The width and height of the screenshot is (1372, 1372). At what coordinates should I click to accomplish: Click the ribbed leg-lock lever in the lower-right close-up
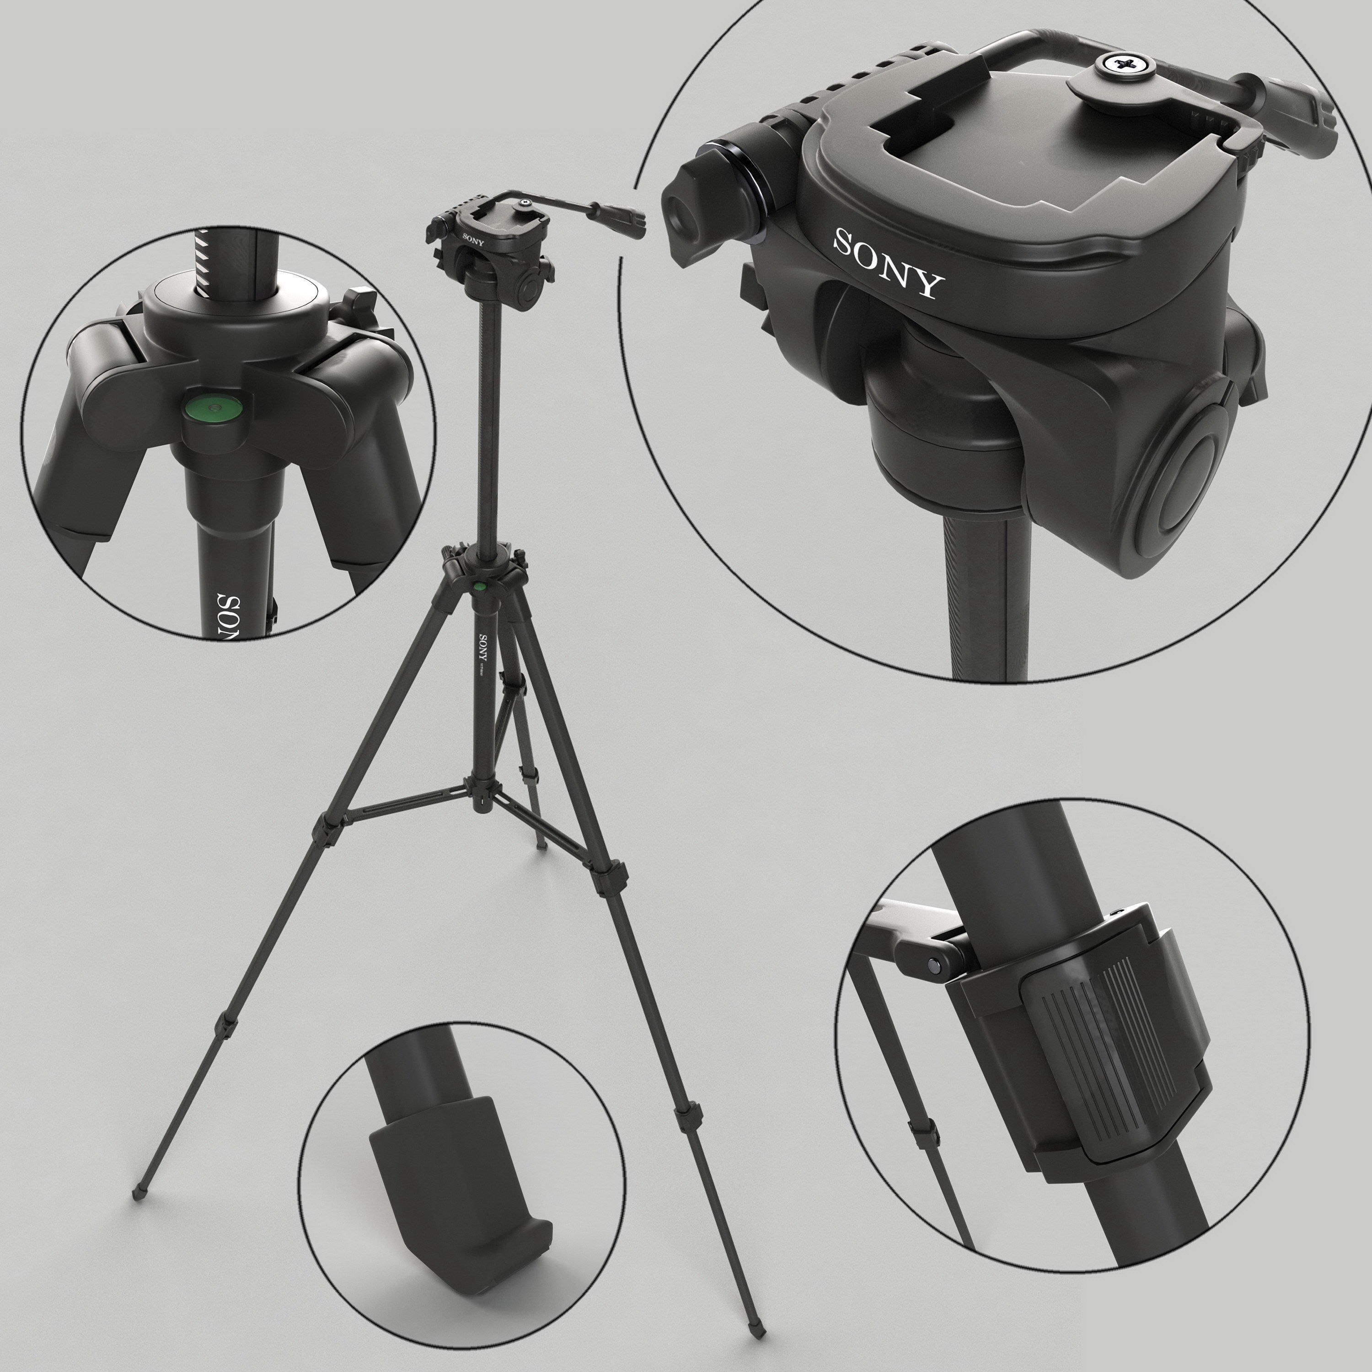click(1108, 1033)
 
